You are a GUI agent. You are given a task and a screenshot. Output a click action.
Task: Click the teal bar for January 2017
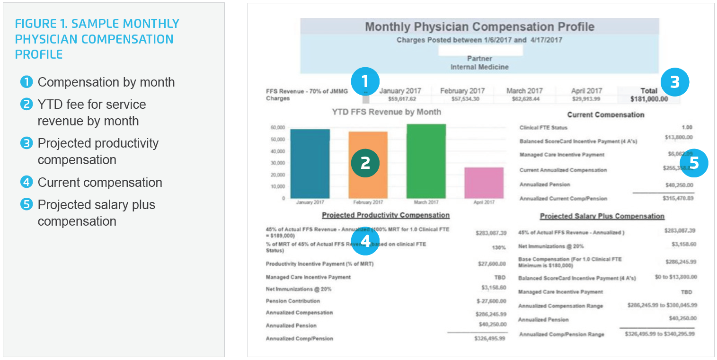coord(310,163)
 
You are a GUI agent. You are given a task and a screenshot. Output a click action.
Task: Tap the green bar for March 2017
coord(426,161)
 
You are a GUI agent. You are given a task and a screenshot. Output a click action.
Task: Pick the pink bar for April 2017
coord(484,183)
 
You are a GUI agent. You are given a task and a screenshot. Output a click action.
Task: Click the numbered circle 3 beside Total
coord(674,83)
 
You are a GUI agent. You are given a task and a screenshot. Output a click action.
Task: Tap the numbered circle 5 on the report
coord(693,163)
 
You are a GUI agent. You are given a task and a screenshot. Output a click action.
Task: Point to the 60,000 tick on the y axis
coord(277,128)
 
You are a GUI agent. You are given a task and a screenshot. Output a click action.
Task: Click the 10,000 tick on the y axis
coord(277,186)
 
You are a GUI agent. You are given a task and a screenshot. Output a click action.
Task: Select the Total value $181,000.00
coord(649,99)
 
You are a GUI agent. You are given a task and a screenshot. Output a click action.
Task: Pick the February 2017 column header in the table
coord(462,91)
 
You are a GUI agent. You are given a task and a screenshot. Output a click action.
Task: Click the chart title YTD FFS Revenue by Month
coord(386,112)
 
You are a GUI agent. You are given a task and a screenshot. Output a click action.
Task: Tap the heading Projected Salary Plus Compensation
coord(602,216)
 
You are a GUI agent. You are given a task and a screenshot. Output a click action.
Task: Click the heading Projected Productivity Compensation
coord(386,215)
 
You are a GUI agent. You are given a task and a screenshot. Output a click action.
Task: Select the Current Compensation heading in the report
coord(605,114)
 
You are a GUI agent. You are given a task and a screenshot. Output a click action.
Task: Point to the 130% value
coord(499,247)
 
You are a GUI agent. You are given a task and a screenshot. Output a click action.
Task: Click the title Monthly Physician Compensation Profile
coord(479,26)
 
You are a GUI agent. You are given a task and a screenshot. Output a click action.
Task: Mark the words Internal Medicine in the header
coord(479,67)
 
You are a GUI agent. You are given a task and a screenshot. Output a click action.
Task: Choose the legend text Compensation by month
coord(106,82)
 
